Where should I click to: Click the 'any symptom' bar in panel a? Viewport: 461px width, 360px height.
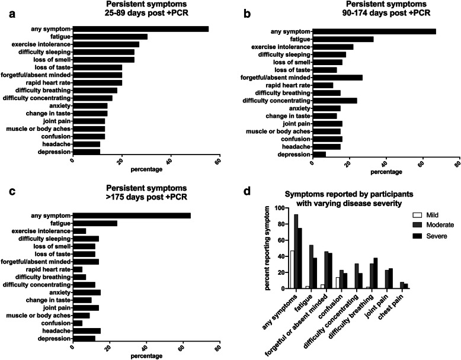[141, 29]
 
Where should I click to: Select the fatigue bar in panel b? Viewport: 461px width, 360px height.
[343, 40]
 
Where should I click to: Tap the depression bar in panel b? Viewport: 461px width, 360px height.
[319, 155]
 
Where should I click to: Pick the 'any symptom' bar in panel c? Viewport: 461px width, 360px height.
[132, 216]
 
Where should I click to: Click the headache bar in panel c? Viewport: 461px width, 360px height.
[87, 331]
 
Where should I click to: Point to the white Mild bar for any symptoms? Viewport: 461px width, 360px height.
[292, 269]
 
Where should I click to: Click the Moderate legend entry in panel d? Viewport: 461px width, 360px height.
[435, 225]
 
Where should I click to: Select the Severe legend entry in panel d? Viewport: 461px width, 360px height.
[431, 236]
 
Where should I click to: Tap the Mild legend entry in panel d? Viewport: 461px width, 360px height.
[427, 215]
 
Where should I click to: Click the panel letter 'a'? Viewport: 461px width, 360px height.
[12, 14]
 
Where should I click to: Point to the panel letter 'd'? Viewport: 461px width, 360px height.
[247, 191]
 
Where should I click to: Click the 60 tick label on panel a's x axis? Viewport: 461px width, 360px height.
[217, 161]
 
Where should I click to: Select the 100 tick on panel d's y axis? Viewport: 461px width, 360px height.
[280, 208]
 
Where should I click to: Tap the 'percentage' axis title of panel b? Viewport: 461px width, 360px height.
[386, 172]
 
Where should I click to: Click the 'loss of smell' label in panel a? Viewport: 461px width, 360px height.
[52, 60]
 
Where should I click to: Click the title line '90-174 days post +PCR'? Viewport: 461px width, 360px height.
[386, 13]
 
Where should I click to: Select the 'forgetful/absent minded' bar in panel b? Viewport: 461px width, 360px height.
[338, 78]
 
